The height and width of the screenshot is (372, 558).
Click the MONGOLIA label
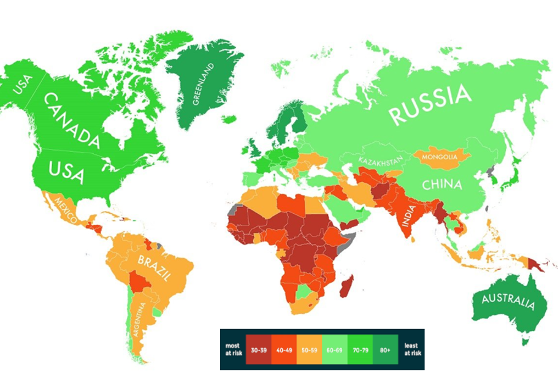coord(440,157)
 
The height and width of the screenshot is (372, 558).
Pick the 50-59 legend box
coord(309,349)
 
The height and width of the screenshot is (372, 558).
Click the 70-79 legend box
coord(360,349)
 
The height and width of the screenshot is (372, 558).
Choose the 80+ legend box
coord(385,349)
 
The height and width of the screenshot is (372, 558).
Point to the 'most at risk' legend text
coord(233,349)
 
